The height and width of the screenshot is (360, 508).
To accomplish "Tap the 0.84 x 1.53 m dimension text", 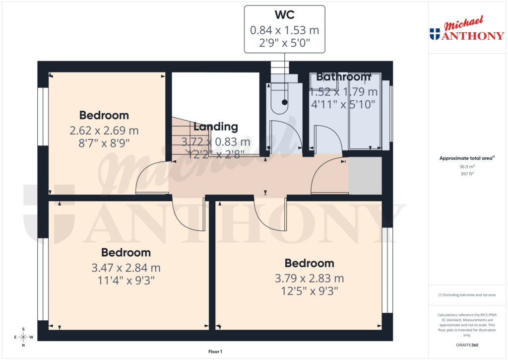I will point(284,30).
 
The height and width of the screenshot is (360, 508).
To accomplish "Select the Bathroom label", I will point(343,77).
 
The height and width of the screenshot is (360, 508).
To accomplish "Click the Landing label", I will point(216,127).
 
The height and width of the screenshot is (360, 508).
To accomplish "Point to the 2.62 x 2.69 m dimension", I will point(104,131).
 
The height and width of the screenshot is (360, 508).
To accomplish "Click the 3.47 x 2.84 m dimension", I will point(126,268).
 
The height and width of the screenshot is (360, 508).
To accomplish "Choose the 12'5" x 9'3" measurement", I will point(309,291).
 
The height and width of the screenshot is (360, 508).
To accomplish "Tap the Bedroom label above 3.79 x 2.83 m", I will point(309,263).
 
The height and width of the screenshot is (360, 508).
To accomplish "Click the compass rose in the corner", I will point(23,337).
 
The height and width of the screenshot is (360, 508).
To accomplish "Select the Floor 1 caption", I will point(215,352).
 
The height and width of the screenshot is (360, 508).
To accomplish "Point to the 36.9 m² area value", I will point(466,167).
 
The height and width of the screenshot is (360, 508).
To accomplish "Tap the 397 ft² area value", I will point(466,174).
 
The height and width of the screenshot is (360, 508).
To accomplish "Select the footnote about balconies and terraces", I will point(467,295).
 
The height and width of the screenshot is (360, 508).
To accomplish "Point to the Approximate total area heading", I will point(466,158).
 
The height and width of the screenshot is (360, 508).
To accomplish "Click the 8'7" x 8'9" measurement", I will point(104,143).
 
